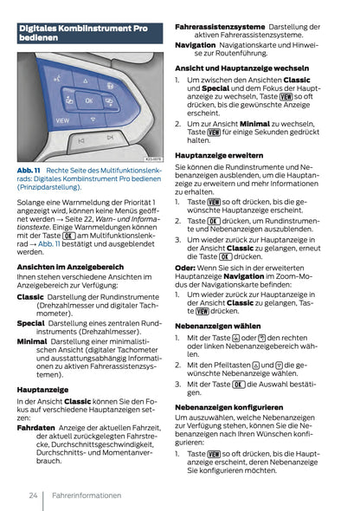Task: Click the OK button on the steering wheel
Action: coord(87,102)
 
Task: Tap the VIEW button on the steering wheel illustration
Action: coord(63,120)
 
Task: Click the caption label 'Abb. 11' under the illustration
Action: coord(29,171)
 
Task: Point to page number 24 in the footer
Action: coord(32,496)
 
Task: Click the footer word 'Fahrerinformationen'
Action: coord(86,496)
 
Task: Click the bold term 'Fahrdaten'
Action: coord(36,427)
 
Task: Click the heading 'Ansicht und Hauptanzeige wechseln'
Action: coord(241,68)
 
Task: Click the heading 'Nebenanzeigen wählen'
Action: coord(211,327)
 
